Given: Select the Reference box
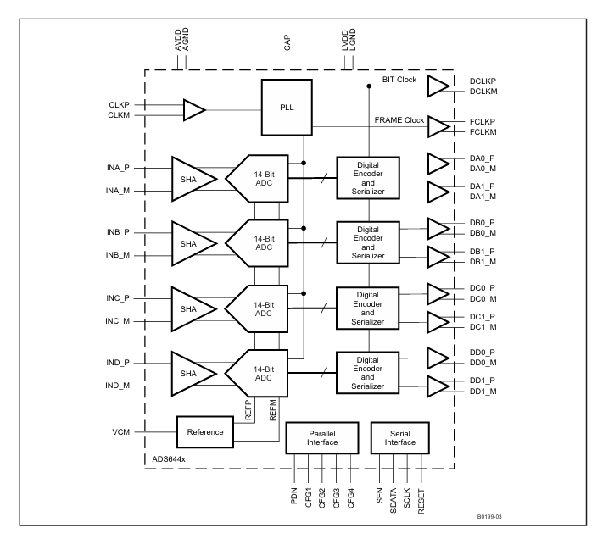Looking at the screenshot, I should coord(204,432).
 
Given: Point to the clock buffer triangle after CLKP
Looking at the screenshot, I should coord(193,109).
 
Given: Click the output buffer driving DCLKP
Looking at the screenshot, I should coord(439,86).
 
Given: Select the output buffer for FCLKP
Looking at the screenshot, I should coord(439,127).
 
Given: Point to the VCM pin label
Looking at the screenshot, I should coord(120,432).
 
